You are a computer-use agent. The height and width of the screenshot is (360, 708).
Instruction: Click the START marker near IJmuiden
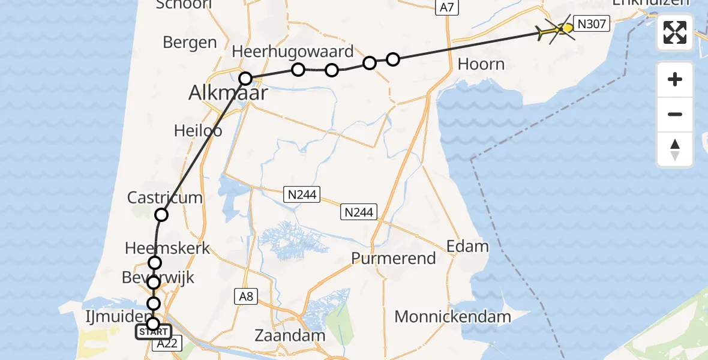tap(154, 332)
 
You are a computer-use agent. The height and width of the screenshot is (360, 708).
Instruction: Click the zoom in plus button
tap(675, 80)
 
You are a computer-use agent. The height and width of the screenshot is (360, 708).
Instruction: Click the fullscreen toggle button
tap(675, 32)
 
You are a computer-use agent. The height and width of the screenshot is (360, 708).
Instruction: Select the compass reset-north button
tap(675, 149)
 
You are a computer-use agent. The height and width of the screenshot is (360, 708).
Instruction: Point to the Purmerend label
tap(394, 259)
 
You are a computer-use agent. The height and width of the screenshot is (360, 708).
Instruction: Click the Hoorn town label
tap(481, 64)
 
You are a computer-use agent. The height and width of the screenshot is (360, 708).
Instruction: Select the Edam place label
tap(467, 246)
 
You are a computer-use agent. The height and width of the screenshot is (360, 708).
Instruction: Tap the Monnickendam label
tap(453, 316)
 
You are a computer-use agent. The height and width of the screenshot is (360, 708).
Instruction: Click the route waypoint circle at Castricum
tap(161, 215)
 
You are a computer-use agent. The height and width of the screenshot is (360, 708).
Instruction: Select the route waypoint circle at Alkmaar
tap(245, 78)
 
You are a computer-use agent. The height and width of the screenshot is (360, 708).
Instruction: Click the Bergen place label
tap(190, 43)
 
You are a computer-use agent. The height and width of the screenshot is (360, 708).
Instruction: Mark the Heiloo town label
tap(198, 130)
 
